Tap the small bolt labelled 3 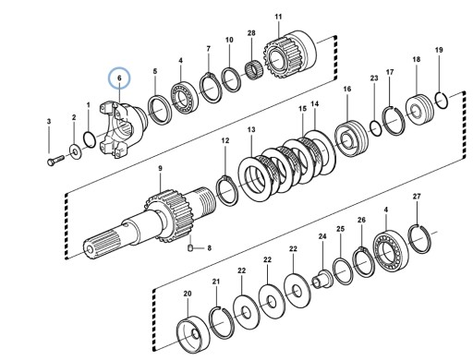pyautogui.click(x=55, y=161)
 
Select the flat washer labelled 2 pyautogui.click(x=75, y=151)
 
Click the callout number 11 pyautogui.click(x=278, y=17)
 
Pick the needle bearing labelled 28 pyautogui.click(x=254, y=70)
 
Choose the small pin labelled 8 pyautogui.click(x=190, y=247)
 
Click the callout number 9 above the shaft pyautogui.click(x=160, y=168)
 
